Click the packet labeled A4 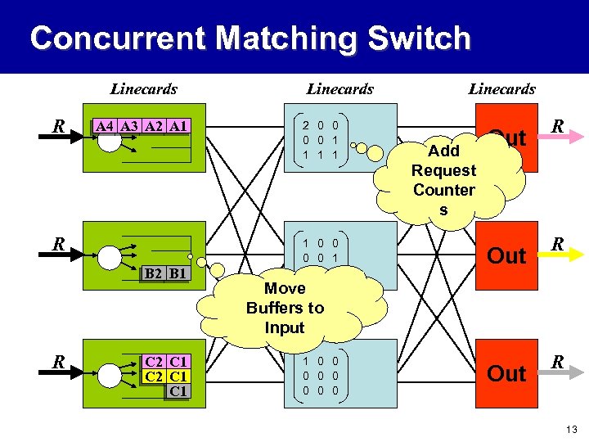point(105,126)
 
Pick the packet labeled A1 point(179,126)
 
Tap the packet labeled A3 point(129,126)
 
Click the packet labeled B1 point(176,273)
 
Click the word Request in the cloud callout point(443,170)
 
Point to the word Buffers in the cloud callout point(285,308)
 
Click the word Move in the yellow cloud point(285,288)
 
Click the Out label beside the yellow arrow point(506,256)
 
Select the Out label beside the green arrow point(506,374)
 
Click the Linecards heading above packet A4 point(143,88)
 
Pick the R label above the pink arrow point(557,126)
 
